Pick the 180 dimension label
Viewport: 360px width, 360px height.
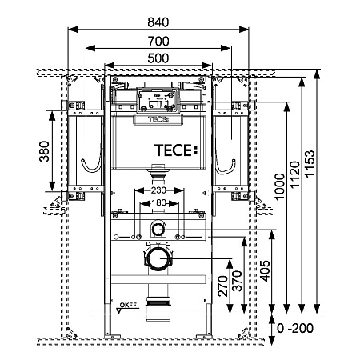pyautogui.click(x=161, y=204)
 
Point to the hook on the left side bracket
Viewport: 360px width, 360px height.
pyautogui.click(x=93, y=166)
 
